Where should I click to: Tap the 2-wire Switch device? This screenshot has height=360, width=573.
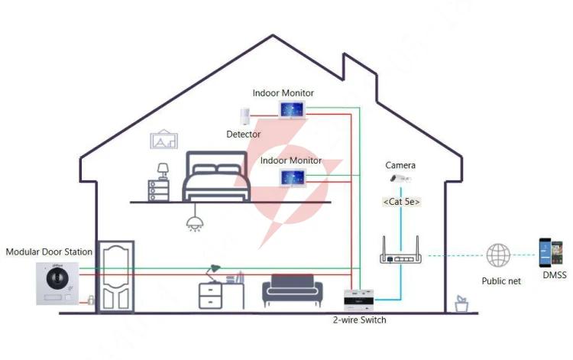(359, 300)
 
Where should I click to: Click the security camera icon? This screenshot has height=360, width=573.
(400, 179)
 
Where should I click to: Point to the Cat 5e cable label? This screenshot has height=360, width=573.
(401, 202)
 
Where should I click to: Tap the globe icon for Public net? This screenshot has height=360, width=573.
(498, 255)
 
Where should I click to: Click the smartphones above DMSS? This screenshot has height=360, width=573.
(551, 252)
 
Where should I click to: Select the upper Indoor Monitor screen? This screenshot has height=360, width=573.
(292, 110)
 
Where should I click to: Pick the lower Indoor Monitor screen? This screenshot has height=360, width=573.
(293, 178)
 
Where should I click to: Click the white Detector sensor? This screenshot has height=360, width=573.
(244, 116)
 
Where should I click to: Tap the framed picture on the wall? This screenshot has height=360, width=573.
(164, 139)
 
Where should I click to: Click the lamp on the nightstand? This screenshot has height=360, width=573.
(163, 171)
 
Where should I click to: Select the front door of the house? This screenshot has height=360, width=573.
(115, 277)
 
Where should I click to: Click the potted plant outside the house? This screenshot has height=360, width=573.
(461, 304)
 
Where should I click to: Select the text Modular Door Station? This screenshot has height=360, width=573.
(49, 251)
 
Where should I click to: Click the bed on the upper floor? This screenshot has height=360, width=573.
(216, 176)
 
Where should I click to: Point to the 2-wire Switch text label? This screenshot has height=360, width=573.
(360, 319)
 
